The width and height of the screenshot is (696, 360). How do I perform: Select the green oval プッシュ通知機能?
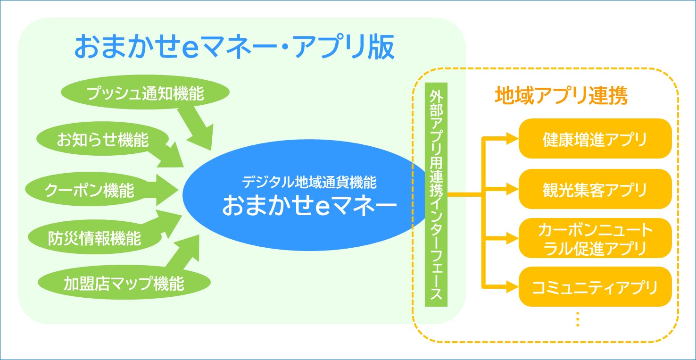[145, 93]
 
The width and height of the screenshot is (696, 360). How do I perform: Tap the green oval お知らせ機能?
[102, 140]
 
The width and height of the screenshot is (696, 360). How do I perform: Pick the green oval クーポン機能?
[90, 190]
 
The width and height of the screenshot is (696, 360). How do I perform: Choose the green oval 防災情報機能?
[94, 238]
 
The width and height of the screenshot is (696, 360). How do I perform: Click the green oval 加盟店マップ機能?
[124, 284]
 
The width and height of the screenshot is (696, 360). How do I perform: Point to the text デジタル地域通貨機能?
[309, 182]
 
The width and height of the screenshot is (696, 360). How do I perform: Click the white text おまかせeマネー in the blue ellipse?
[309, 206]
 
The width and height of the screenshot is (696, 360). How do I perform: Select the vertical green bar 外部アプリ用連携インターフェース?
[435, 194]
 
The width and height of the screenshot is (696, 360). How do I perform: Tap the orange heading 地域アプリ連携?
[561, 96]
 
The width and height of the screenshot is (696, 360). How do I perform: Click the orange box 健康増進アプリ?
[595, 139]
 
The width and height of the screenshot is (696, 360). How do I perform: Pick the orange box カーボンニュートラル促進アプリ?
[595, 238]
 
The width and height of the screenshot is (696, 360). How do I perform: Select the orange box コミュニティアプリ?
[595, 287]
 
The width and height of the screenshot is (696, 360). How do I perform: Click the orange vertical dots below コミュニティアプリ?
[578, 319]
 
